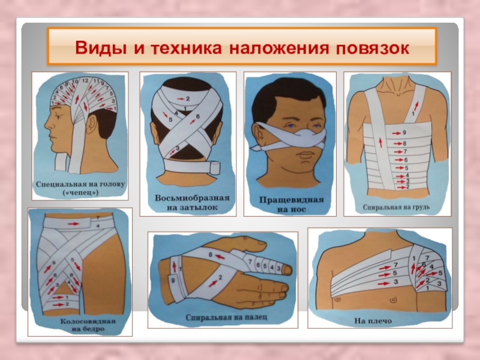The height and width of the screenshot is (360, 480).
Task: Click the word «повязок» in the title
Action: (373, 48)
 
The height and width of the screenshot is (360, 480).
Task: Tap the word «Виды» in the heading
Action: (101, 48)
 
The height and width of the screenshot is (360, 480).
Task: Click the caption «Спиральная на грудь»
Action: (396, 207)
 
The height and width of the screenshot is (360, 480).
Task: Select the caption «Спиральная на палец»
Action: (226, 317)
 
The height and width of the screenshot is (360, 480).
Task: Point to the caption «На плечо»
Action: (373, 321)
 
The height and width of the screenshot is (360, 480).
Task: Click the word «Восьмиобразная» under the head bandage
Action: (192, 198)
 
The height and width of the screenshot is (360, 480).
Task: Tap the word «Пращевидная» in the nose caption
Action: (291, 200)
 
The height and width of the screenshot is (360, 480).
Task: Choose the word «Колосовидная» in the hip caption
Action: (88, 322)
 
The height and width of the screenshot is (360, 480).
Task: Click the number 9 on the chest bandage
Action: (404, 133)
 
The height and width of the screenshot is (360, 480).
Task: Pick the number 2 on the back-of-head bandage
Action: (188, 98)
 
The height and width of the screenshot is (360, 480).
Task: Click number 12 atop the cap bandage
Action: (85, 80)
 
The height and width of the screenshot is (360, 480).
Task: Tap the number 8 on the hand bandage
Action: (211, 254)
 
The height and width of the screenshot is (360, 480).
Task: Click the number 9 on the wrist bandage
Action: (173, 280)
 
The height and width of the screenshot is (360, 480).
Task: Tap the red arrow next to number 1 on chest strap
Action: (416, 107)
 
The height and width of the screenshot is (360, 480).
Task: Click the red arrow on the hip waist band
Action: (73, 224)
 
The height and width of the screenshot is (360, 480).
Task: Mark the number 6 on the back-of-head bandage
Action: (198, 116)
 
